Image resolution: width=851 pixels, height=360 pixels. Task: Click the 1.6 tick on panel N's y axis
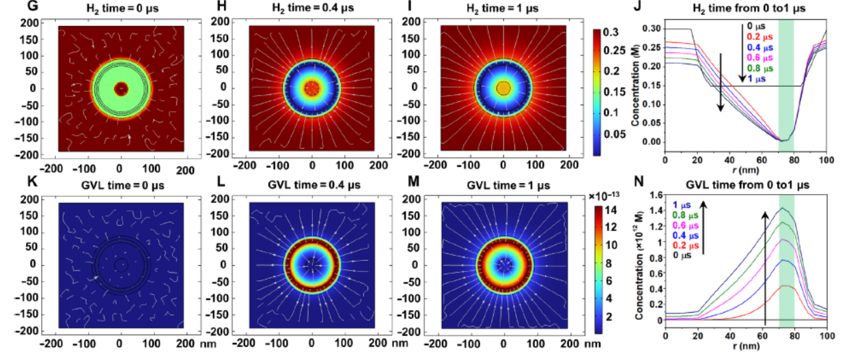[656, 195]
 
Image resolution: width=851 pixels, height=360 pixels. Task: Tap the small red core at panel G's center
[121, 88]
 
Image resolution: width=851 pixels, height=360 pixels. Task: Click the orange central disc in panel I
[503, 88]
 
